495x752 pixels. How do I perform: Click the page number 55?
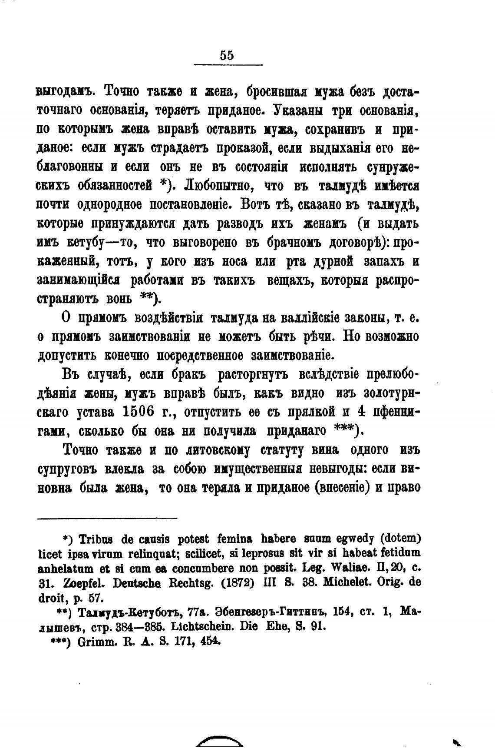(227, 55)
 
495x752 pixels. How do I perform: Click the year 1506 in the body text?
(139, 411)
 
